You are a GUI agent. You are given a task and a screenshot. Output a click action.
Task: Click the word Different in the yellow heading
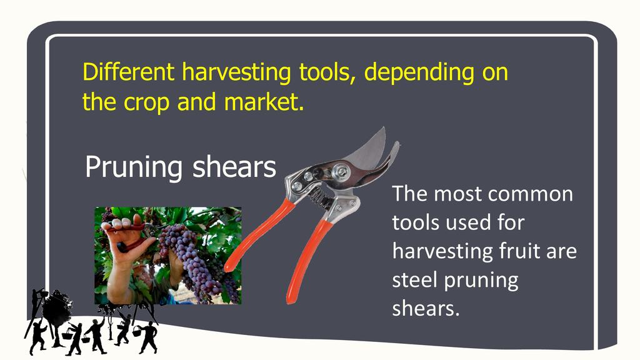tap(129, 72)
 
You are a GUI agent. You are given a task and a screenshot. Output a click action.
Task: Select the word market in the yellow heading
tap(264, 102)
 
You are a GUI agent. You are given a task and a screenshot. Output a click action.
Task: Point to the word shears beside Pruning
tap(234, 167)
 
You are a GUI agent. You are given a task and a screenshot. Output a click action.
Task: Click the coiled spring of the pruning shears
tap(319, 197)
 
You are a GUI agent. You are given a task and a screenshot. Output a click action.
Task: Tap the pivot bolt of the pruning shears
tap(340, 171)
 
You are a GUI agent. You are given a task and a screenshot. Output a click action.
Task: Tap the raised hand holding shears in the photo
tap(124, 245)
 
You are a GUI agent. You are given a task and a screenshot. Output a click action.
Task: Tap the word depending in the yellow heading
tap(419, 72)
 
